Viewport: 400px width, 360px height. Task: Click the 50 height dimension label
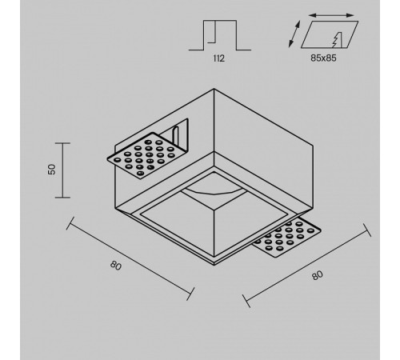point(52,170)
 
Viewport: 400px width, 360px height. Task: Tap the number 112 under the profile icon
point(219,58)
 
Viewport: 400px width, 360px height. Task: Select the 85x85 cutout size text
point(323,58)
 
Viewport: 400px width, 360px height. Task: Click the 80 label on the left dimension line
point(116,266)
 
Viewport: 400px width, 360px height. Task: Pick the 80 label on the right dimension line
point(318,275)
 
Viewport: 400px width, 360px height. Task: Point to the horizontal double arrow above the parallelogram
point(331,16)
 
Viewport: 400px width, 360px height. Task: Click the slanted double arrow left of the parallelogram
point(294,34)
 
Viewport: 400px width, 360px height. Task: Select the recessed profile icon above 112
point(220,35)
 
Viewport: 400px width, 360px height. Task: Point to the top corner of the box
point(214,89)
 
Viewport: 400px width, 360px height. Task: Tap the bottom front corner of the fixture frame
point(214,265)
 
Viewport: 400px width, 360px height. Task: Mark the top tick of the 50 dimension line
point(62,143)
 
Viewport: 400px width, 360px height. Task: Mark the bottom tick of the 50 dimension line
point(62,198)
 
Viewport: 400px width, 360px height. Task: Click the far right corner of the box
point(313,146)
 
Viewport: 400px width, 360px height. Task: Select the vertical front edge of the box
point(214,121)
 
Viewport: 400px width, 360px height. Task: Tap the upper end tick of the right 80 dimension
point(367,230)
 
